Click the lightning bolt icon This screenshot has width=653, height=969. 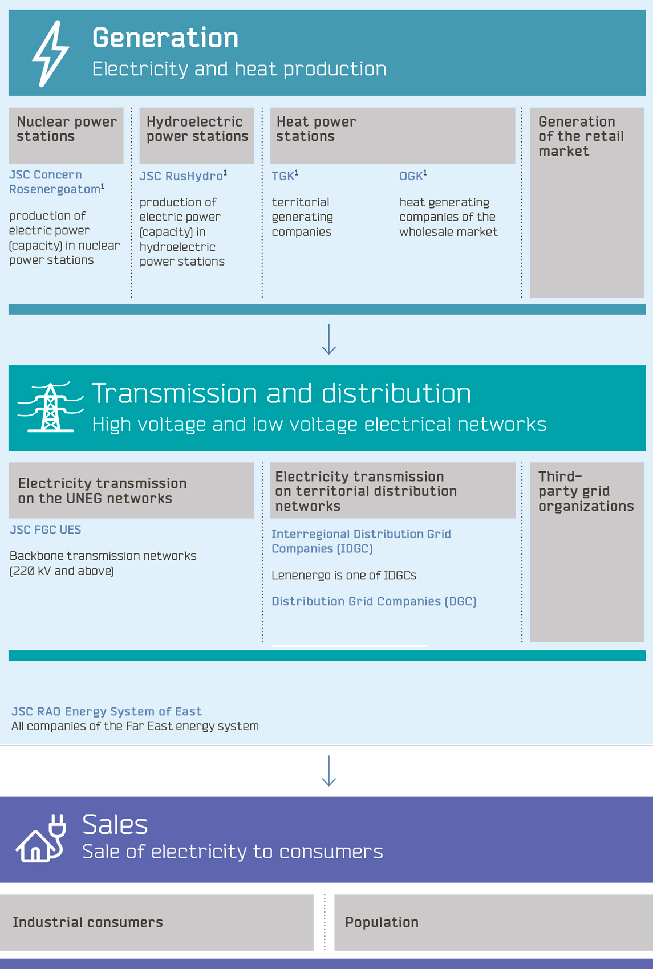pos(50,54)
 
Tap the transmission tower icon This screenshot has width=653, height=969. pos(50,408)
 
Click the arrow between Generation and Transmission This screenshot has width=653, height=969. pos(328,340)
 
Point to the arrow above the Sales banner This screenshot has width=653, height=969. pos(328,771)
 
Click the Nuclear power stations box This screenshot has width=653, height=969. pos(66,135)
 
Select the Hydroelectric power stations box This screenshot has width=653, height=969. pos(197,135)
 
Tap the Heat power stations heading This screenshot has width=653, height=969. pos(317,129)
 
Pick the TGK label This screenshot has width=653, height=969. pos(284,176)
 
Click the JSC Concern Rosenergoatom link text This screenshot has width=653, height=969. pos(56,182)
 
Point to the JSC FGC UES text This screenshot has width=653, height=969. pos(46,530)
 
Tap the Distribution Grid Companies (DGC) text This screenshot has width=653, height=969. pos(374,602)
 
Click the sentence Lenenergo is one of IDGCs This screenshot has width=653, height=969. pos(344,576)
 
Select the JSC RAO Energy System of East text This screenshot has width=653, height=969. pos(107,712)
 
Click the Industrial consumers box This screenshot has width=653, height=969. pos(157,922)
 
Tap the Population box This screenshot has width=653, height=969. pos(493,922)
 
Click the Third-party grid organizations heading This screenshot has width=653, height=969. pos(586,491)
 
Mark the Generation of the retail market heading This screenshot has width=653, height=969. pos(581,137)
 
